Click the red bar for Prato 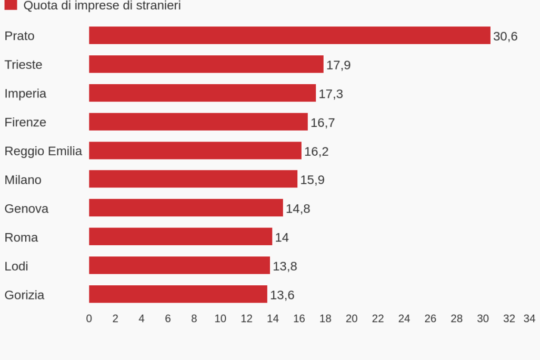tap(289, 35)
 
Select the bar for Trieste tap(206, 64)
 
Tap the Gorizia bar tap(178, 294)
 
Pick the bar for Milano tap(193, 179)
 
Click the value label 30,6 tap(505, 36)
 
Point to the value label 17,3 tap(331, 94)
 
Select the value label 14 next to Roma tap(282, 237)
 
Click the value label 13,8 tap(285, 266)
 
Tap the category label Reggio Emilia tap(43, 151)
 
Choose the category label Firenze tap(25, 122)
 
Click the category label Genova tap(26, 208)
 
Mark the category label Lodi tap(16, 266)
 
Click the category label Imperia tap(25, 94)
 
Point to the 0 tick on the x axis tap(89, 318)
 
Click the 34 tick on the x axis tap(529, 318)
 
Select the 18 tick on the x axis tap(325, 318)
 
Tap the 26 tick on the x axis tap(430, 318)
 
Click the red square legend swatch tap(11, 5)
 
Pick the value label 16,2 tap(316, 152)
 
